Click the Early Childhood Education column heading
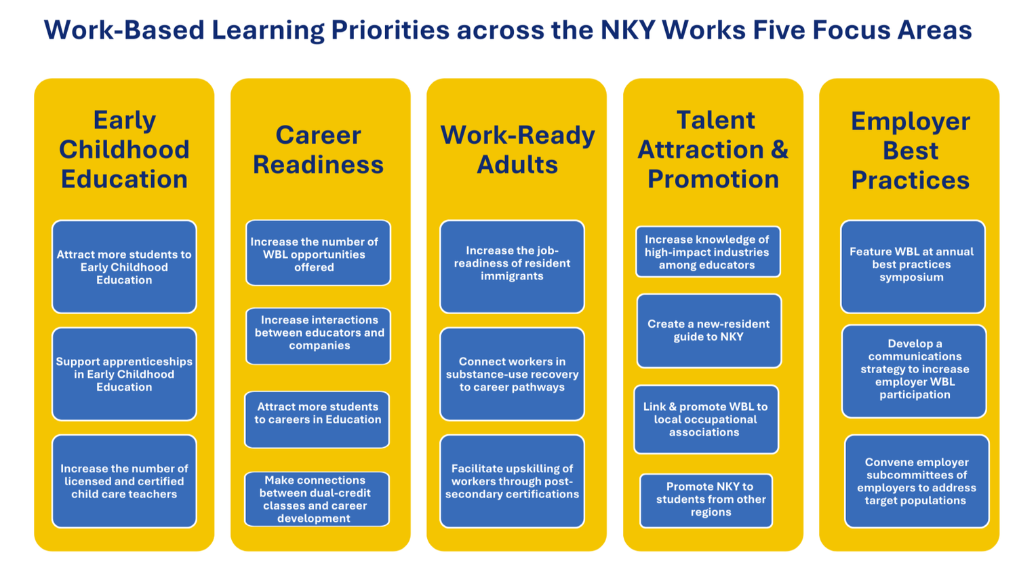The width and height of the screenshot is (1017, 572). point(124,149)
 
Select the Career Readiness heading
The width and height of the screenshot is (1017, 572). point(318,149)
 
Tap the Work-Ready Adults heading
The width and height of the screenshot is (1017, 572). point(517,149)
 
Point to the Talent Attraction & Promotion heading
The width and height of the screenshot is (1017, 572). point(713,149)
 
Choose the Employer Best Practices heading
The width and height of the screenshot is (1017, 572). point(911,151)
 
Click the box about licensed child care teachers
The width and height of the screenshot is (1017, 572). point(124,481)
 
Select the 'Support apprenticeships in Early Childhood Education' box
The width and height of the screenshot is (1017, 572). point(124,374)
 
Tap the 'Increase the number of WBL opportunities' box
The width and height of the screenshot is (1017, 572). point(318,253)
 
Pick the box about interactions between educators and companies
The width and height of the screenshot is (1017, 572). point(318,336)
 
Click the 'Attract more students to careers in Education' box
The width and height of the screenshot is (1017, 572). point(317,419)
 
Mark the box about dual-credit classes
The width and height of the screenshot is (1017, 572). point(317,499)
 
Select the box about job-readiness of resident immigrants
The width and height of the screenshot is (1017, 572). point(512,267)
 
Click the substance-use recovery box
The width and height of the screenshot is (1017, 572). point(512,374)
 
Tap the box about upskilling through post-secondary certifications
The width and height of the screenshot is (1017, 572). point(512,481)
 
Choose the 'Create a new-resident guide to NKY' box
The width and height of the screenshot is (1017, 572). point(709,330)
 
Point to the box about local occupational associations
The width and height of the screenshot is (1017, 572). point(706,419)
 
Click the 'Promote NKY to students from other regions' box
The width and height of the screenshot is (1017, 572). point(706,501)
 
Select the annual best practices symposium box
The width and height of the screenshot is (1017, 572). point(913,267)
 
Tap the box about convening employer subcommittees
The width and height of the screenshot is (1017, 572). point(917,481)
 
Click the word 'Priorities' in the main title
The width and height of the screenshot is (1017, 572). point(390,30)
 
